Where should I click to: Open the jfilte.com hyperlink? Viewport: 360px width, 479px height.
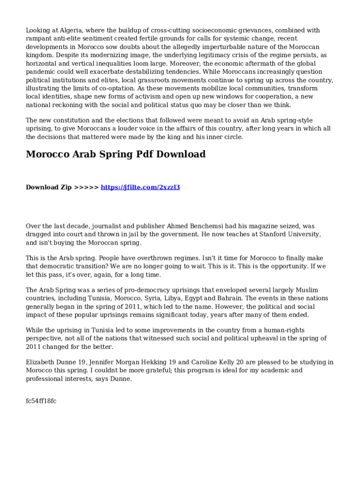pos(140,187)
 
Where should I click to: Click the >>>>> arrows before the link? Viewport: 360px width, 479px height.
pos(86,187)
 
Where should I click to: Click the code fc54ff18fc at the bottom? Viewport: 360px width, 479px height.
pos(41,401)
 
